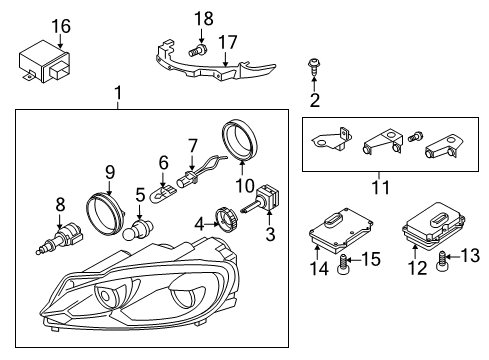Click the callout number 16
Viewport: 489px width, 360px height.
(x=62, y=26)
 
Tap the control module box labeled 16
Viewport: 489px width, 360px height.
(x=44, y=63)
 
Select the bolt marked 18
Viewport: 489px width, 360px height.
(x=197, y=50)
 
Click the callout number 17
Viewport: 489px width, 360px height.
(x=228, y=42)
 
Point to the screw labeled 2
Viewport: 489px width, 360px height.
(x=313, y=67)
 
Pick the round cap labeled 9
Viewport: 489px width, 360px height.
(x=105, y=212)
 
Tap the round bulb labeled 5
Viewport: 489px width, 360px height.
(x=137, y=230)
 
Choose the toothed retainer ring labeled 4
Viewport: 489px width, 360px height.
(x=225, y=219)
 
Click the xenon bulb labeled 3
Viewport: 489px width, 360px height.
(x=263, y=199)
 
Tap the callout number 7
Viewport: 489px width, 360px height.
(x=192, y=147)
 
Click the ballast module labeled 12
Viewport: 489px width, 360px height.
(x=433, y=225)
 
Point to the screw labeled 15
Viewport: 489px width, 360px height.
(x=343, y=264)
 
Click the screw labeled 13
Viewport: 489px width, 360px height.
(x=441, y=262)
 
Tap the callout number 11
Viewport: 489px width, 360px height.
(x=381, y=187)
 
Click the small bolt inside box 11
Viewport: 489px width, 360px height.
(x=416, y=136)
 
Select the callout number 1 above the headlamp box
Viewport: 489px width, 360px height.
(x=118, y=93)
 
